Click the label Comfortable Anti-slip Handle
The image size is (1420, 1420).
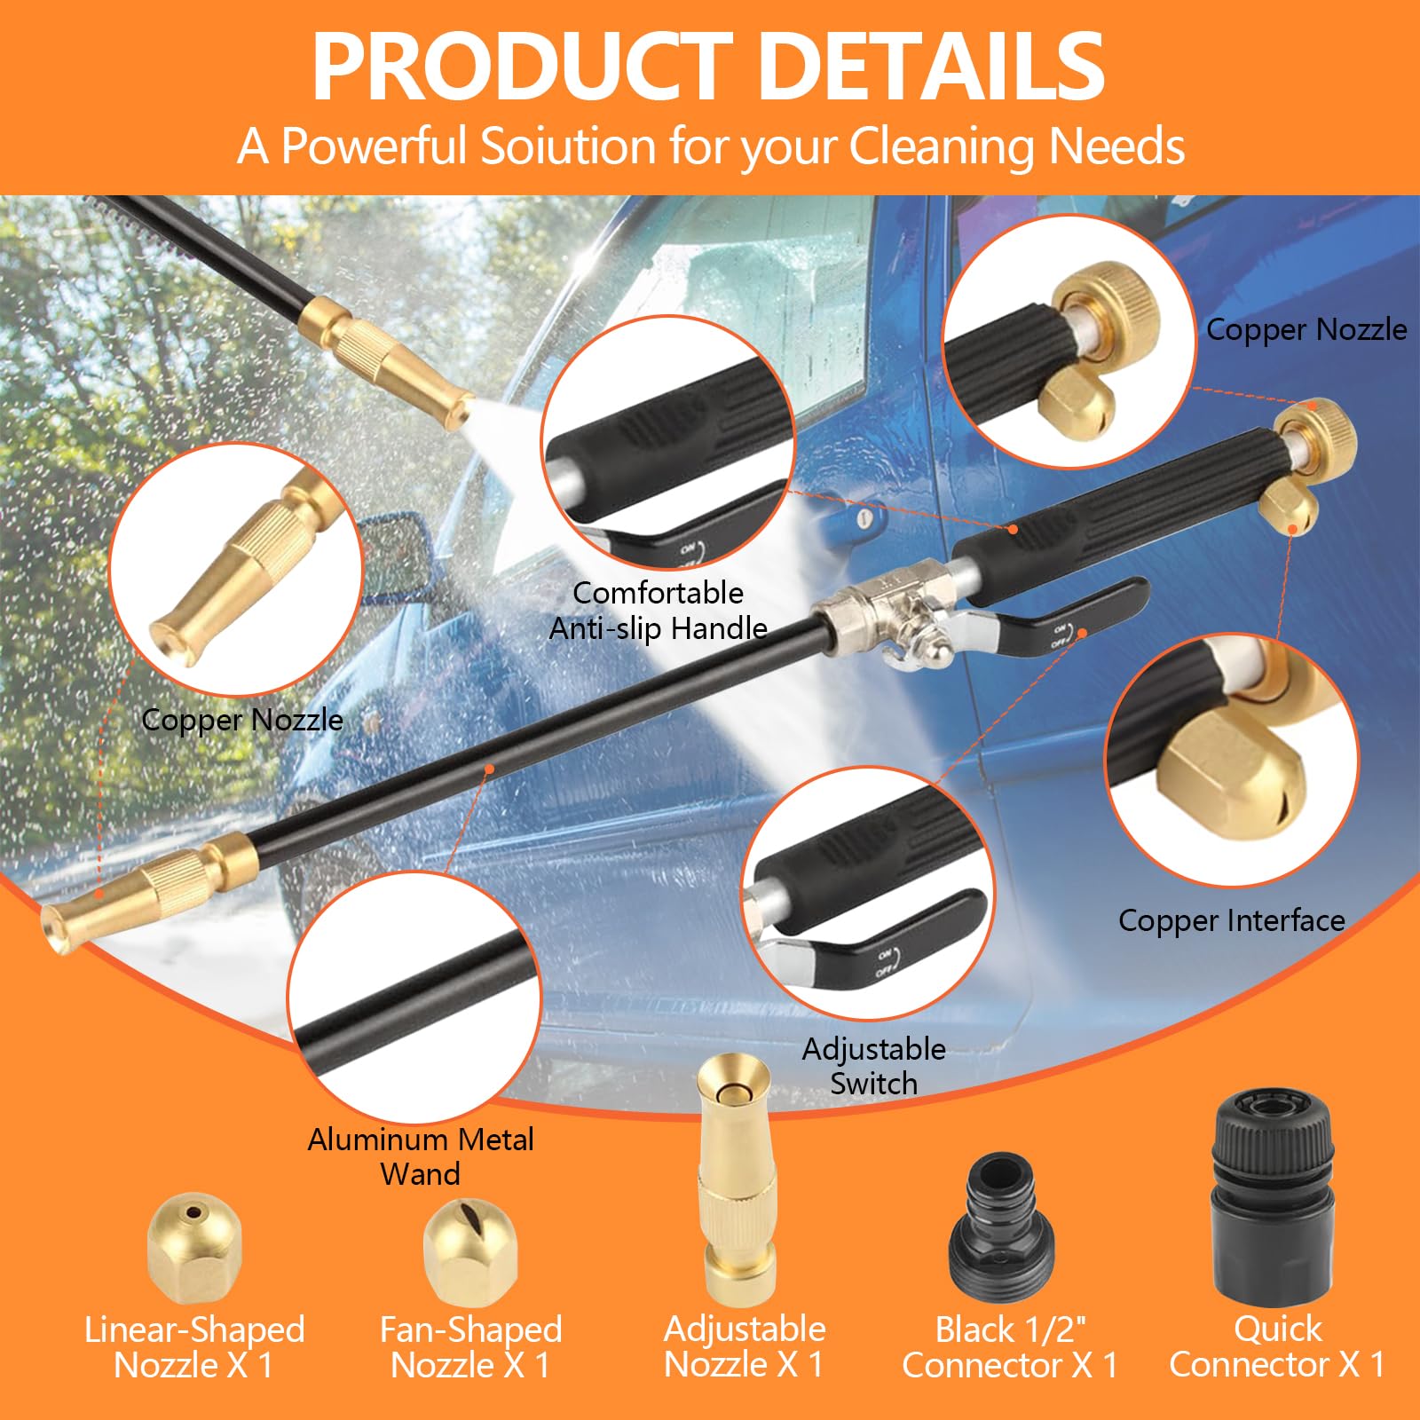(x=658, y=611)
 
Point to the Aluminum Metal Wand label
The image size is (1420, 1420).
(x=421, y=1156)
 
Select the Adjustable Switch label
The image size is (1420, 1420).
(x=874, y=1066)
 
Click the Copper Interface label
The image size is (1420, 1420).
(x=1231, y=920)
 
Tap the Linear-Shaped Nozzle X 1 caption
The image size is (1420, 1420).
(x=193, y=1346)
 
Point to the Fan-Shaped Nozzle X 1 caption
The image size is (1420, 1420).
(x=470, y=1346)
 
